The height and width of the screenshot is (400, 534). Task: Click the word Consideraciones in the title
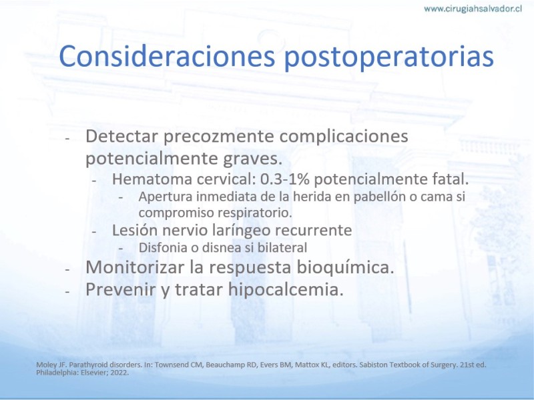coord(167,56)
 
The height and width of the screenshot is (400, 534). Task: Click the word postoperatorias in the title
coord(388,58)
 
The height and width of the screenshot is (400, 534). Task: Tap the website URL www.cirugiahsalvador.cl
coord(473,9)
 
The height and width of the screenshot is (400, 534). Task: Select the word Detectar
coord(122,136)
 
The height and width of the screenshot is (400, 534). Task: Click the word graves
coord(252,159)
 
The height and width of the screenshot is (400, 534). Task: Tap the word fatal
coord(451,179)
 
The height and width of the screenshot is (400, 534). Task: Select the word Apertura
coord(162,197)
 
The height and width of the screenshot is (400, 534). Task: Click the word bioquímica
coord(345,268)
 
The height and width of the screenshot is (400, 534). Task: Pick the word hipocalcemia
coord(286,290)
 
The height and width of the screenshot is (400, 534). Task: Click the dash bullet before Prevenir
coord(67,292)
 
